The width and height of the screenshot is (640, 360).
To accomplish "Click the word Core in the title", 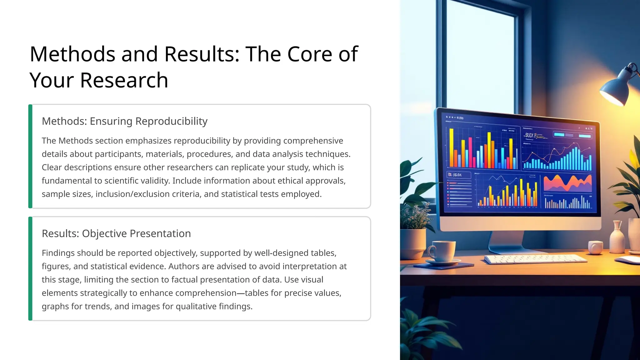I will point(309,54).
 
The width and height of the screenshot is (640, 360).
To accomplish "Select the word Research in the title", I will point(124,80).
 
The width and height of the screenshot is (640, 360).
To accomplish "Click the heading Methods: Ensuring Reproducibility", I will point(124,121).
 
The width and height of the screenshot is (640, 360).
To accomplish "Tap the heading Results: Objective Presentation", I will point(116,233).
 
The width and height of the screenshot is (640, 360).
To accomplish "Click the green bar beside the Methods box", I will point(30,156).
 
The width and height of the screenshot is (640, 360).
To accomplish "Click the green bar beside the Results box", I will point(30,268).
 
